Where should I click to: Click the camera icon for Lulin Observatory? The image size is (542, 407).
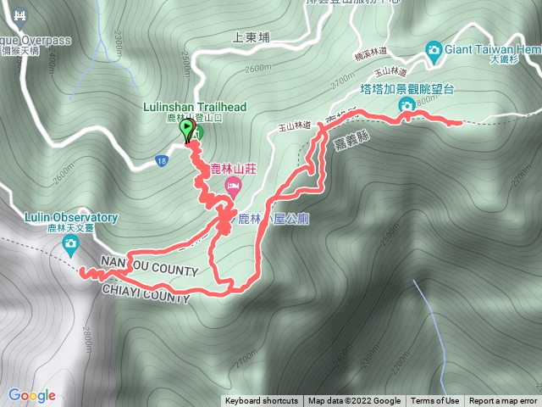click(x=70, y=246)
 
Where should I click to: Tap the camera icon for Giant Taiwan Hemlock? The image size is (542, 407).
click(x=434, y=49)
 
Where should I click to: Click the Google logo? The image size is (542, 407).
click(x=32, y=395)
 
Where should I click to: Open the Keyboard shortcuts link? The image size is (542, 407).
click(x=262, y=401)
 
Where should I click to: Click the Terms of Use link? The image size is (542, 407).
click(x=434, y=401)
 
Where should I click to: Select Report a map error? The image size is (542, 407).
click(x=503, y=401)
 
